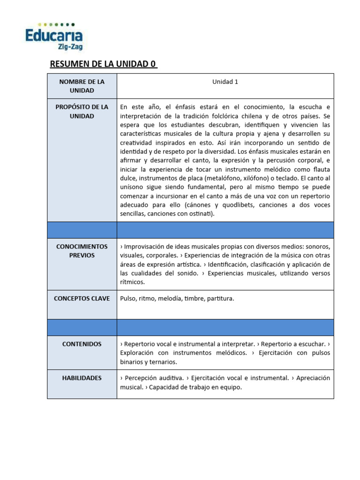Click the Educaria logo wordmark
tap(54, 35)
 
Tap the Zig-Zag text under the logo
tap(70, 46)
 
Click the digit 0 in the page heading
tap(153, 64)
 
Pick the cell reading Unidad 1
tap(225, 82)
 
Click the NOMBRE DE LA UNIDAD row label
tap(82, 86)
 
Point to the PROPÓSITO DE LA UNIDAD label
tap(82, 112)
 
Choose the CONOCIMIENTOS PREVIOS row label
tap(82, 251)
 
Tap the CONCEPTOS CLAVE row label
tap(82, 298)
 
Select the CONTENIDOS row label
tap(82, 344)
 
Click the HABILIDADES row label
tap(82, 378)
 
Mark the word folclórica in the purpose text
tap(221, 116)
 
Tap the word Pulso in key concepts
tap(128, 298)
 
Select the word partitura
tap(219, 298)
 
